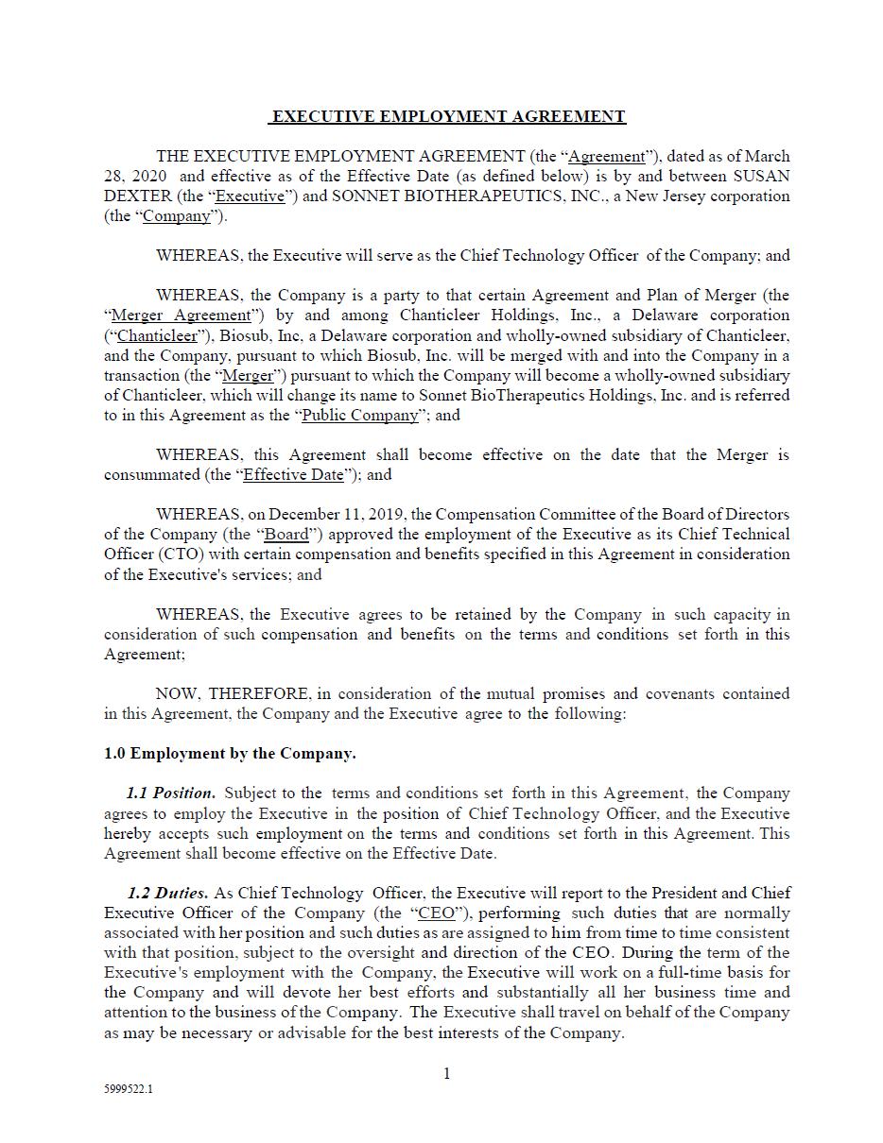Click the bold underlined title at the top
[x=447, y=116]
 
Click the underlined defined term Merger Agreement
[x=182, y=316]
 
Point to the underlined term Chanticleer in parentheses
[x=158, y=335]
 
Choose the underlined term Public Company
[x=359, y=415]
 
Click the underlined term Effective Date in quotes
[x=293, y=475]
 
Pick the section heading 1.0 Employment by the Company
[x=230, y=754]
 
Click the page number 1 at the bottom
[x=447, y=1073]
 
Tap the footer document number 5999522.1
[x=129, y=1089]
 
